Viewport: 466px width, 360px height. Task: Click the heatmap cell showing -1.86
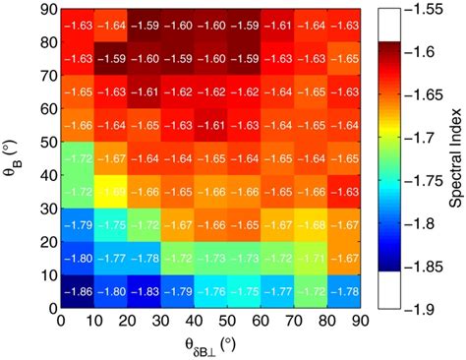78,290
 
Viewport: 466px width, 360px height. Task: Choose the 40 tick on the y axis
46,175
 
